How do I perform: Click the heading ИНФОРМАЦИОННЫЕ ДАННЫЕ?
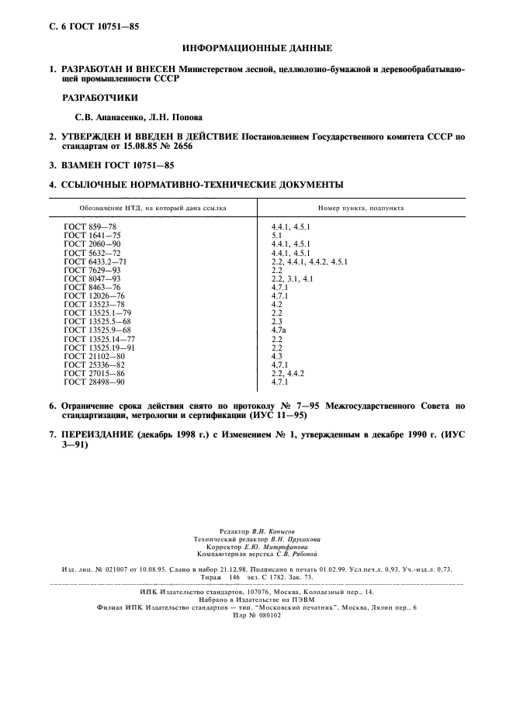click(256, 47)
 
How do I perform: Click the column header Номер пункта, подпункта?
click(360, 208)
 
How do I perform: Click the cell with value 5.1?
click(276, 235)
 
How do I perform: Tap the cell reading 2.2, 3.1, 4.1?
click(291, 278)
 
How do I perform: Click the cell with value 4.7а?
click(277, 330)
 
